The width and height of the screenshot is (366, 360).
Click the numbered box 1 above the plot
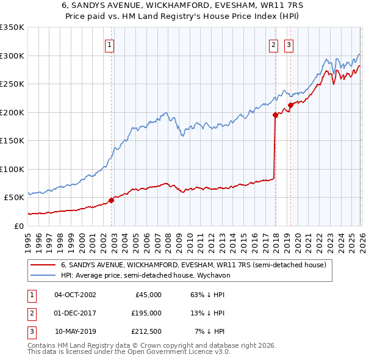click(109, 44)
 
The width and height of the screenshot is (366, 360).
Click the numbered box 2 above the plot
click(273, 44)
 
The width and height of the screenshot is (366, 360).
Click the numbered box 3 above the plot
click(288, 44)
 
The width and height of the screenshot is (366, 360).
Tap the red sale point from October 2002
click(112, 200)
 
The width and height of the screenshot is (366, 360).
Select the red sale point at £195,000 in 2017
click(275, 115)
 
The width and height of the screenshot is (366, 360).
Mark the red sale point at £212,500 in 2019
click(290, 105)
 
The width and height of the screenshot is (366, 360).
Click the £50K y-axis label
click(13, 198)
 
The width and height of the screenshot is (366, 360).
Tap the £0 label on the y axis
click(18, 226)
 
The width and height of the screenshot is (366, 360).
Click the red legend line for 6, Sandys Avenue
click(43, 265)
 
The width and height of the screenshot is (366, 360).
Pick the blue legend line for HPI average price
click(43, 275)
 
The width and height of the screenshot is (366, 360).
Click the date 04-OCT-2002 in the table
click(75, 295)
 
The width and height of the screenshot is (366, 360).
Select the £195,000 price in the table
click(146, 313)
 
